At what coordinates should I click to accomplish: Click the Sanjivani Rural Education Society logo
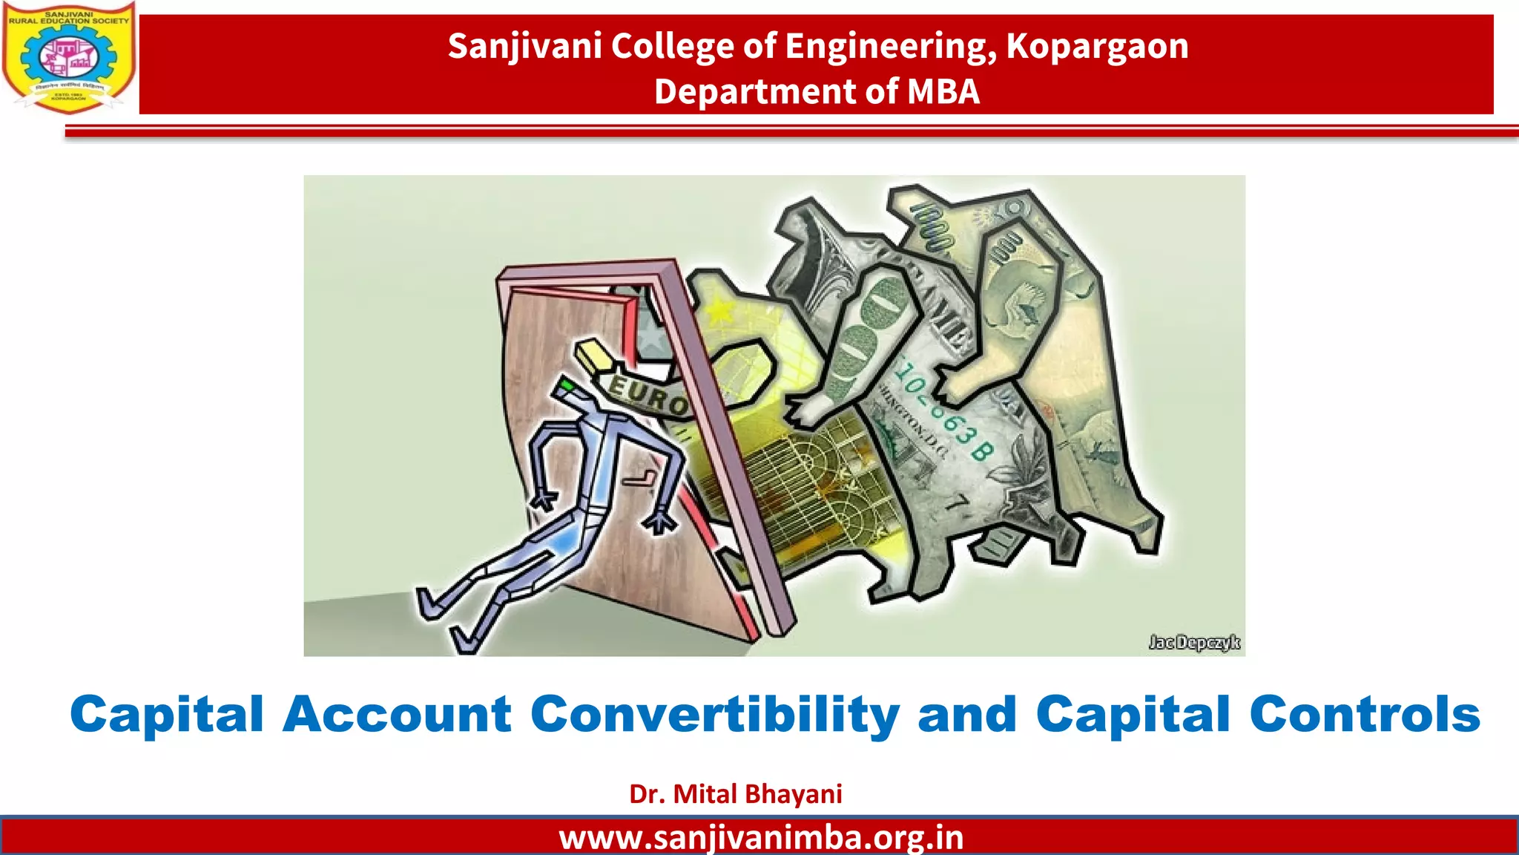pos(69,57)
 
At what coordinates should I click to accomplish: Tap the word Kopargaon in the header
pos(1097,46)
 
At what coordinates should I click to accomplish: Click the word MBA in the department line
pos(943,92)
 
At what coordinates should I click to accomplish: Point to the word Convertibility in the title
pos(715,714)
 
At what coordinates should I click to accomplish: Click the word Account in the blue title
pos(397,714)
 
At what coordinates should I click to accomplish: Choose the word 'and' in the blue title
pos(967,714)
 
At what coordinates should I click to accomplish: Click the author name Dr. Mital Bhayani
pos(735,794)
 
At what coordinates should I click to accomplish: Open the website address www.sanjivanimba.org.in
pos(761,838)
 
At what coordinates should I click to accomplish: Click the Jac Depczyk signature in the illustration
pos(1193,642)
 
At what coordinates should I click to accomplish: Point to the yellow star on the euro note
pos(719,310)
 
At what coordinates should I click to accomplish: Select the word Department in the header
pos(755,92)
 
